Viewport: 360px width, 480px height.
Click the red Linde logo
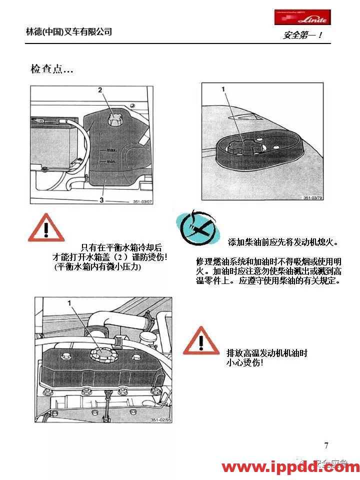point(301,17)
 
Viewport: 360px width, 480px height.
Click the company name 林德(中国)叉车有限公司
point(69,31)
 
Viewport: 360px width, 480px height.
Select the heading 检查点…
point(52,69)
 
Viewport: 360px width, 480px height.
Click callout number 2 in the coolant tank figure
point(100,90)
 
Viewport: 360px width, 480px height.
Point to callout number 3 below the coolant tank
point(102,199)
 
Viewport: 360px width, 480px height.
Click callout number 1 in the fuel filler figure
point(223,89)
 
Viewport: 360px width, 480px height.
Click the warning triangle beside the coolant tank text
point(46,228)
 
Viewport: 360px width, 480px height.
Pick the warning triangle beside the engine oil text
point(200,340)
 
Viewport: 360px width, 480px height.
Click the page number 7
point(326,446)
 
